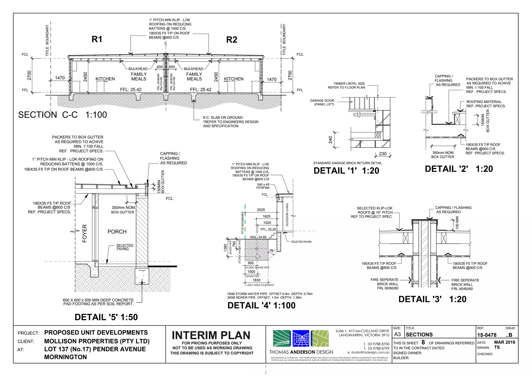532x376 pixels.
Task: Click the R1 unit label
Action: pos(97,39)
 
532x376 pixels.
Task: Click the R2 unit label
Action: pos(231,40)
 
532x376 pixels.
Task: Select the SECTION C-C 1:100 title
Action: pos(62,115)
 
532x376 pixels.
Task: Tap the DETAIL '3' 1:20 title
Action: pos(432,299)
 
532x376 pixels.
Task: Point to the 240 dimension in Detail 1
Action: pos(330,140)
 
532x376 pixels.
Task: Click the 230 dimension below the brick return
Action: pos(383,154)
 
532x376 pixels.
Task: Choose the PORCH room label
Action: pos(117,232)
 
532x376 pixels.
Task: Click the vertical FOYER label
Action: pos(84,233)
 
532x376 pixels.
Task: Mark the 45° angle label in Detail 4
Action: pos(272,251)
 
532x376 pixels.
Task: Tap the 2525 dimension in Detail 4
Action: pos(261,210)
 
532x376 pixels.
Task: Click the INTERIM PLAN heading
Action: pos(211,335)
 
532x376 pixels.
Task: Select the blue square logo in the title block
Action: pos(301,338)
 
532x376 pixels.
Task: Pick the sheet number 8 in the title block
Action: pos(423,343)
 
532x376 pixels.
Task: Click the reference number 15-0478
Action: pos(487,335)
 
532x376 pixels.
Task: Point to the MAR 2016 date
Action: pos(504,342)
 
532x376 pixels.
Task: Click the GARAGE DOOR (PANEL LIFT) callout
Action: pos(322,102)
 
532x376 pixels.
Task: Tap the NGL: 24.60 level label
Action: pos(258,237)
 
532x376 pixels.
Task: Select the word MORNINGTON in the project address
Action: pos(65,357)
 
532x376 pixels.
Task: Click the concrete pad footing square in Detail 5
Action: pos(142,276)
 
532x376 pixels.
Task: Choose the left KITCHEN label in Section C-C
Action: pos(105,79)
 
